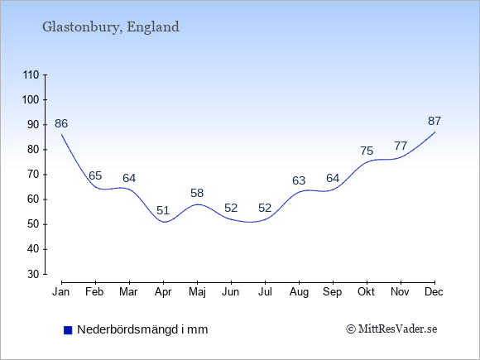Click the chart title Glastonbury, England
tap(111, 27)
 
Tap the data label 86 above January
tap(61, 123)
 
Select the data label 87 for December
tap(434, 121)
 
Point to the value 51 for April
tap(163, 210)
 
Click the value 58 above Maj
tap(197, 193)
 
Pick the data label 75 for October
tap(367, 151)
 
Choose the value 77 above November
tap(401, 146)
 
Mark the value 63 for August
tap(299, 180)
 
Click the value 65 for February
tap(95, 175)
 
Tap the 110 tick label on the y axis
tap(31, 75)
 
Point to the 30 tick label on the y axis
tap(33, 274)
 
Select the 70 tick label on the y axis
tap(33, 175)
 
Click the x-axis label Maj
tap(197, 292)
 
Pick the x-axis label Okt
tap(366, 292)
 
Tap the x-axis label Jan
tap(61, 292)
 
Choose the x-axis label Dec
tap(434, 292)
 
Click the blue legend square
tap(68, 330)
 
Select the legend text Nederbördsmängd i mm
tap(142, 329)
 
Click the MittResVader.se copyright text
tap(391, 329)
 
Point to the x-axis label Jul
tap(265, 292)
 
